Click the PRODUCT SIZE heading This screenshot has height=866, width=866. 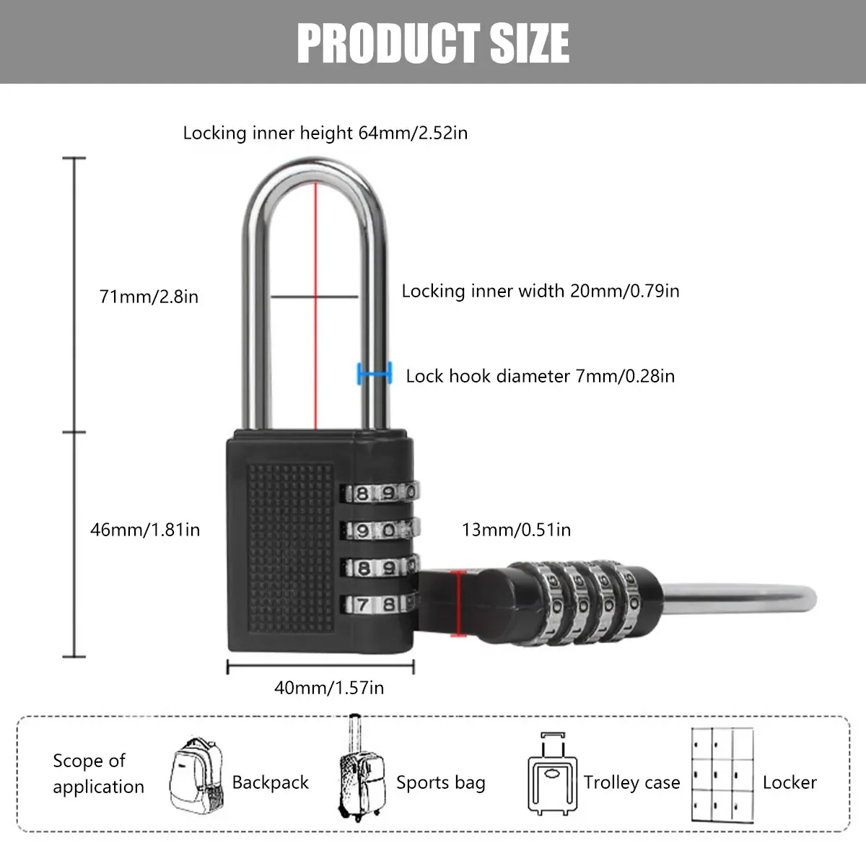coord(433,42)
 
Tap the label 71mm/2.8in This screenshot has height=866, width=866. coord(149,296)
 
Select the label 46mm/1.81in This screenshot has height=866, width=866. coord(145,530)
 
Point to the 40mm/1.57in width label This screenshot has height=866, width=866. coord(329,688)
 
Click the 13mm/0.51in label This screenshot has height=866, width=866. coord(516,530)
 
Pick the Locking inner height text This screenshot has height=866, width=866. coord(325,133)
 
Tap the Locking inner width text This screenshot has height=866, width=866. coord(541,291)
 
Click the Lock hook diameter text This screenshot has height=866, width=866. coord(540,376)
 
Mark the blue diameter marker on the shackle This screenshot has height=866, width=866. coord(375,374)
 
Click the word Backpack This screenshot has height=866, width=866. coord(270,783)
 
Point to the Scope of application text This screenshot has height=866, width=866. coord(98,774)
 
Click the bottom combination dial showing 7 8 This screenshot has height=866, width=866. coord(379,604)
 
